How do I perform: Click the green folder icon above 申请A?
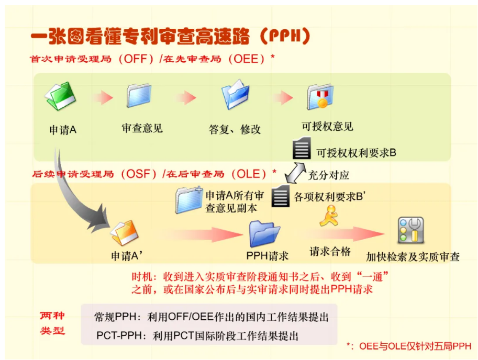point(60,96)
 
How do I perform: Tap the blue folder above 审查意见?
point(139,95)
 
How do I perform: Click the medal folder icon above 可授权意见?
point(320,97)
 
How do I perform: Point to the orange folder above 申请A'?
point(125,232)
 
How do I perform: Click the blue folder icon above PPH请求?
point(264,234)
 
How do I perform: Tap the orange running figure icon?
point(329,216)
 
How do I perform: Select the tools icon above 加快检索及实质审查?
point(410,230)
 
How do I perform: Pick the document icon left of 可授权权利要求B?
point(302,148)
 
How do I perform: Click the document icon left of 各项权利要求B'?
point(281,196)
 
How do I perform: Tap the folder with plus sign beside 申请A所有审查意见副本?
point(189,200)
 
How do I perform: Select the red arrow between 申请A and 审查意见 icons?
point(103,97)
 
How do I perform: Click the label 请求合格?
point(330,252)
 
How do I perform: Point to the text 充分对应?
point(329,175)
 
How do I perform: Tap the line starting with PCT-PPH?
point(197,335)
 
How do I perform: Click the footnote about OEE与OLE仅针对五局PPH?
point(409,346)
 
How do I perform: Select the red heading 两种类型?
point(52,323)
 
